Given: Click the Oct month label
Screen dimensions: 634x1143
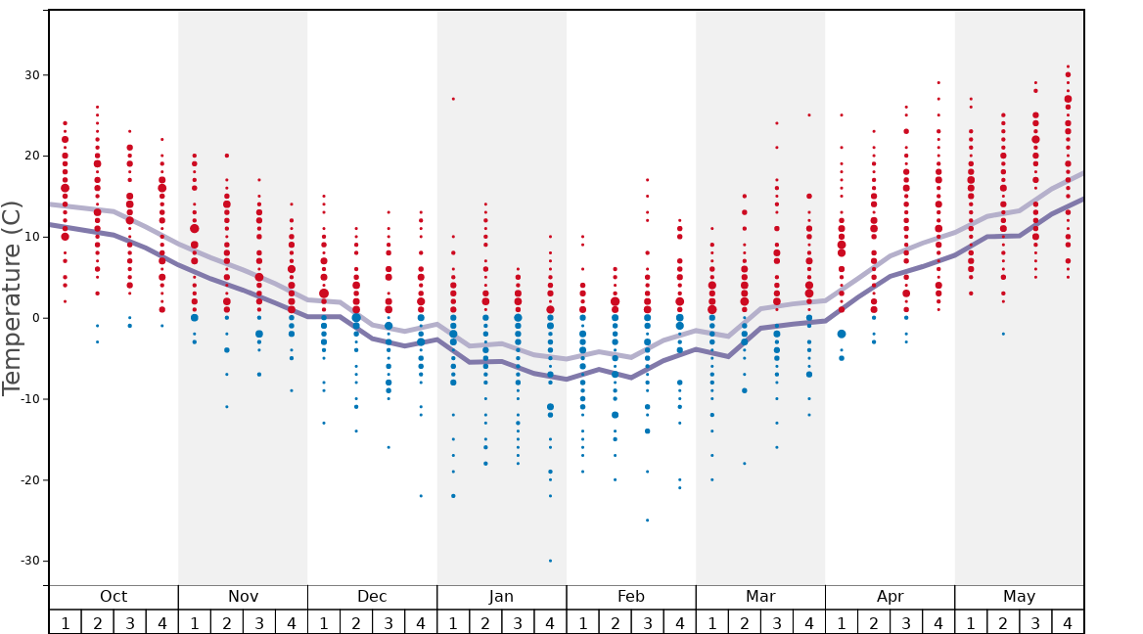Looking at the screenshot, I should [x=114, y=597].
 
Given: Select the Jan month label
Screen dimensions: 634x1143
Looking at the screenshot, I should [x=501, y=597].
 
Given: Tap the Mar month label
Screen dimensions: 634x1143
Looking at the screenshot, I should [x=760, y=597].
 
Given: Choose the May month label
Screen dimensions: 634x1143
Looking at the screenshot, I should [x=1019, y=597].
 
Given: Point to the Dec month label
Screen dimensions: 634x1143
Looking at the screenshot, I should [x=372, y=597].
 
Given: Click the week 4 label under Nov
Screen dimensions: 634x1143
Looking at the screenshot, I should [x=292, y=622].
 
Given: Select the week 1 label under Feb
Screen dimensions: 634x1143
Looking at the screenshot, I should [x=582, y=622].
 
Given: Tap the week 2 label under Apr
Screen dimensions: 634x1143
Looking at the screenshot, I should [x=874, y=622].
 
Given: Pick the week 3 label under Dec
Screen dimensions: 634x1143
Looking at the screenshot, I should [x=389, y=622].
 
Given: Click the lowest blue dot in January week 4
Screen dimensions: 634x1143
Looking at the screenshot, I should [x=550, y=561].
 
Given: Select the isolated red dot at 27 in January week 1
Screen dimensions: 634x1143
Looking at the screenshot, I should [x=453, y=99].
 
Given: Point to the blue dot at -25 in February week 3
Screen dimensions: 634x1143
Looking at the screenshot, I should [x=647, y=520].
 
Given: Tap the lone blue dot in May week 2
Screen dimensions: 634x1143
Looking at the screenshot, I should [x=1003, y=334].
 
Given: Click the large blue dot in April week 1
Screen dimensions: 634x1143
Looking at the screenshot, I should [x=842, y=334].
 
